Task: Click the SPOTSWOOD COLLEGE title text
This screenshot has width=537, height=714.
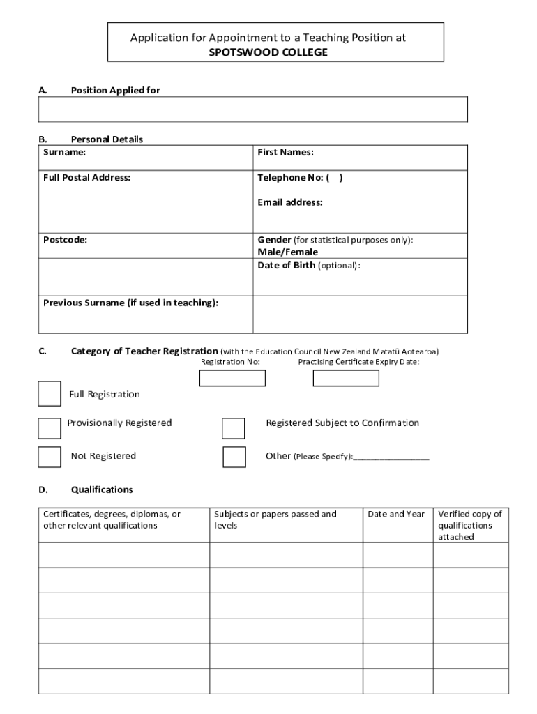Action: point(268,52)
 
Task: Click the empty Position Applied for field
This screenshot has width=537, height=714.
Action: point(252,109)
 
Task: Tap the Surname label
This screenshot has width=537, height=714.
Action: point(64,152)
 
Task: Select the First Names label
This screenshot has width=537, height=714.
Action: point(285,152)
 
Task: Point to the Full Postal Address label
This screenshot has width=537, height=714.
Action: point(86,178)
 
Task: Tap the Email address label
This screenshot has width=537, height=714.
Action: point(290,203)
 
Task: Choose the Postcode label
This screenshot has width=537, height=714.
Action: point(66,240)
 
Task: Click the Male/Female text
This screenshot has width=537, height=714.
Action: point(287,252)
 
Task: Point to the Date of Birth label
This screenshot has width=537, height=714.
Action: point(286,266)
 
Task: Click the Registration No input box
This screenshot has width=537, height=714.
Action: point(232,378)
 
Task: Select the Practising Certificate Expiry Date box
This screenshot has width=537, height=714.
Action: point(346,378)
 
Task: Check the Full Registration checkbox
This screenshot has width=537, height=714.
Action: point(50,393)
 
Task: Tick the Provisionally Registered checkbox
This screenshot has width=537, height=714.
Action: point(50,428)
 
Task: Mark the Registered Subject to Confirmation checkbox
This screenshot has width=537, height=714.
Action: point(234,428)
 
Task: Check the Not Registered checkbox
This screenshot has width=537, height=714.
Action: point(50,456)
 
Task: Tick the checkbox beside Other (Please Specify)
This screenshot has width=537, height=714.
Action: point(234,457)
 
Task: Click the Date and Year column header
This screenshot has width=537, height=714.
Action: point(396,515)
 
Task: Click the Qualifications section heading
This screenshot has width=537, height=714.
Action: point(102,490)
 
